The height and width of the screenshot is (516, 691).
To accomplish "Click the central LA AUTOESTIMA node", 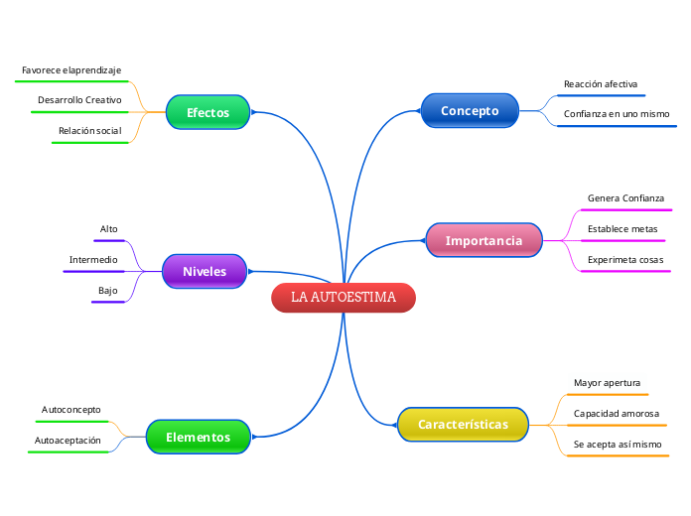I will (x=344, y=298).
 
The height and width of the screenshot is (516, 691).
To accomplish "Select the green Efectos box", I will (x=207, y=113).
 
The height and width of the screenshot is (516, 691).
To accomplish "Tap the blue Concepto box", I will (x=470, y=111).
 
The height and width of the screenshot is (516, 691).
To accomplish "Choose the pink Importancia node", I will (x=484, y=241).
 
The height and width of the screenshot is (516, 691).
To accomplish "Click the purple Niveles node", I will (x=205, y=272).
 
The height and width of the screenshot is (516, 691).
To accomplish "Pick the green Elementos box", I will (x=198, y=437).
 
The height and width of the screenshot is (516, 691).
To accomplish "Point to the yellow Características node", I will (x=463, y=425).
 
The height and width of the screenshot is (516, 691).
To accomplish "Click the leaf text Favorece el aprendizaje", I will (x=71, y=70).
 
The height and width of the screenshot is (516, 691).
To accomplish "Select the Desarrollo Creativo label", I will (x=79, y=100).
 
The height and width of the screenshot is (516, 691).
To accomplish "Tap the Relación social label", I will (x=89, y=131).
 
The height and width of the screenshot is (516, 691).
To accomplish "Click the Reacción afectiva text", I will (x=601, y=84).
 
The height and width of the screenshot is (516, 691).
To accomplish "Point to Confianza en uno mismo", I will (x=617, y=114).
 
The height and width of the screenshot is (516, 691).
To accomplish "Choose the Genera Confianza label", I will (x=625, y=198).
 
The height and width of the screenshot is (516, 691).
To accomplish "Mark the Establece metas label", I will (x=622, y=229).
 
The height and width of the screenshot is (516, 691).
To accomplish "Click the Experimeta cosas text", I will (x=625, y=260).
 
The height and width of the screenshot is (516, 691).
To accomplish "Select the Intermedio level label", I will (x=93, y=260).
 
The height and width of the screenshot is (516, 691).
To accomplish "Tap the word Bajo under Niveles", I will (x=108, y=291).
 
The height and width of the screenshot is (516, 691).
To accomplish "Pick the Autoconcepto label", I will (x=71, y=409).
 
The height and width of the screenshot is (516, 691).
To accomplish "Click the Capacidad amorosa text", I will (x=617, y=413).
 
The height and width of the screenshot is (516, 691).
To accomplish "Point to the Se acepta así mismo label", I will (x=618, y=444).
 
